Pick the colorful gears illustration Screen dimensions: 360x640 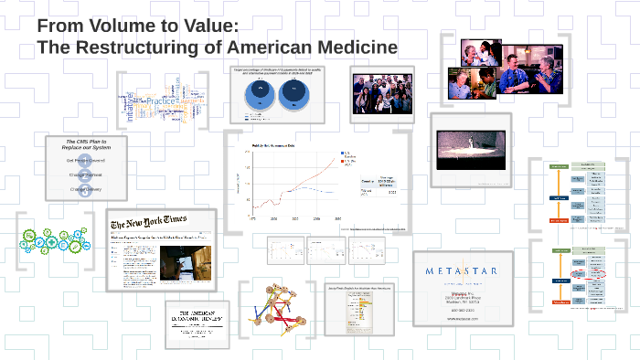coord(54,240)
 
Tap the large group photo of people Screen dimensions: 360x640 coord(383,94)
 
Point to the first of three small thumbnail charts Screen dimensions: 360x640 coord(285,249)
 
